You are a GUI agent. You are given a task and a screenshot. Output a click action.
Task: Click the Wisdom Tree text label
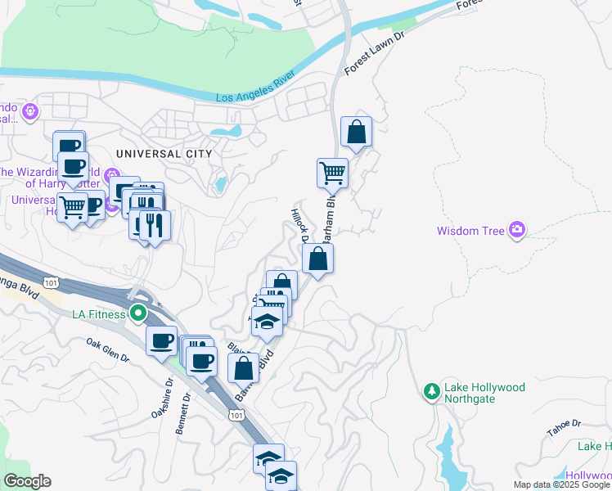click(x=470, y=231)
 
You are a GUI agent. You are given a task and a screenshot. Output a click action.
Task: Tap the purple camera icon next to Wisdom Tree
click(x=516, y=230)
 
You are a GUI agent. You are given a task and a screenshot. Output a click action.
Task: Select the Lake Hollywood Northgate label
click(x=484, y=393)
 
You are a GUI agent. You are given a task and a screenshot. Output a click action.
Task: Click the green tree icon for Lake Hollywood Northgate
click(x=432, y=393)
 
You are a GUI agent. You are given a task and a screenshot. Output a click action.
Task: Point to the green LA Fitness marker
click(x=138, y=313)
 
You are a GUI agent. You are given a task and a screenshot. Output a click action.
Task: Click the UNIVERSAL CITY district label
click(x=164, y=154)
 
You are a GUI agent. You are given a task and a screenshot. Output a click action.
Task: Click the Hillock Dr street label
click(x=298, y=225)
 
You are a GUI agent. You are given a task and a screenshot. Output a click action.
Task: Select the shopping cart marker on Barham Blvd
click(x=332, y=173)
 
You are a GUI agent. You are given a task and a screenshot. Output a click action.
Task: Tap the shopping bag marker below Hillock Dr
click(x=317, y=259)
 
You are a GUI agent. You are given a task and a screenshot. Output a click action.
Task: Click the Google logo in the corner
click(x=27, y=481)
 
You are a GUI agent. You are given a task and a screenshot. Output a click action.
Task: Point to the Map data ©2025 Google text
click(x=561, y=484)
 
